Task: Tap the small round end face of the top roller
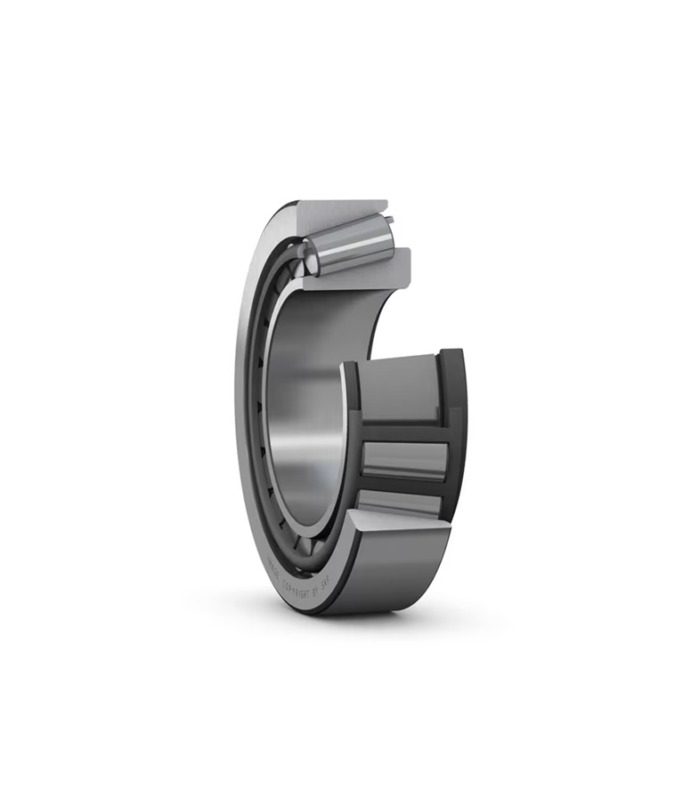coord(309,258)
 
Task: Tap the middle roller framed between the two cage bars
coord(402,460)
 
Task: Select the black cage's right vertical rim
coord(454,427)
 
